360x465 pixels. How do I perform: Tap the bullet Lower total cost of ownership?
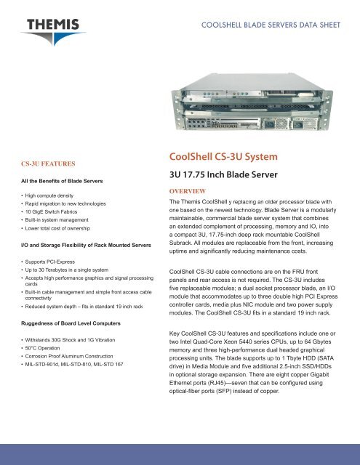coord(65,240)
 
